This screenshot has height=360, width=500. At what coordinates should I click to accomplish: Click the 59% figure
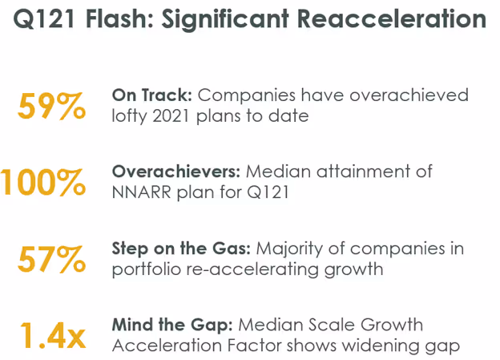coord(51,107)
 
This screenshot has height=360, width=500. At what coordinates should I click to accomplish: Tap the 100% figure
coord(43,182)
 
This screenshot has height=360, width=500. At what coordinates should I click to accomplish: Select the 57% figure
coord(51,260)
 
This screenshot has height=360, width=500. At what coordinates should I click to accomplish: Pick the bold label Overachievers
coord(175,172)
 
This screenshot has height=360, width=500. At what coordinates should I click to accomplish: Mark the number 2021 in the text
coord(180,115)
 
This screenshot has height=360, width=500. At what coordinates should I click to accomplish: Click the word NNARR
coord(142,192)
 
